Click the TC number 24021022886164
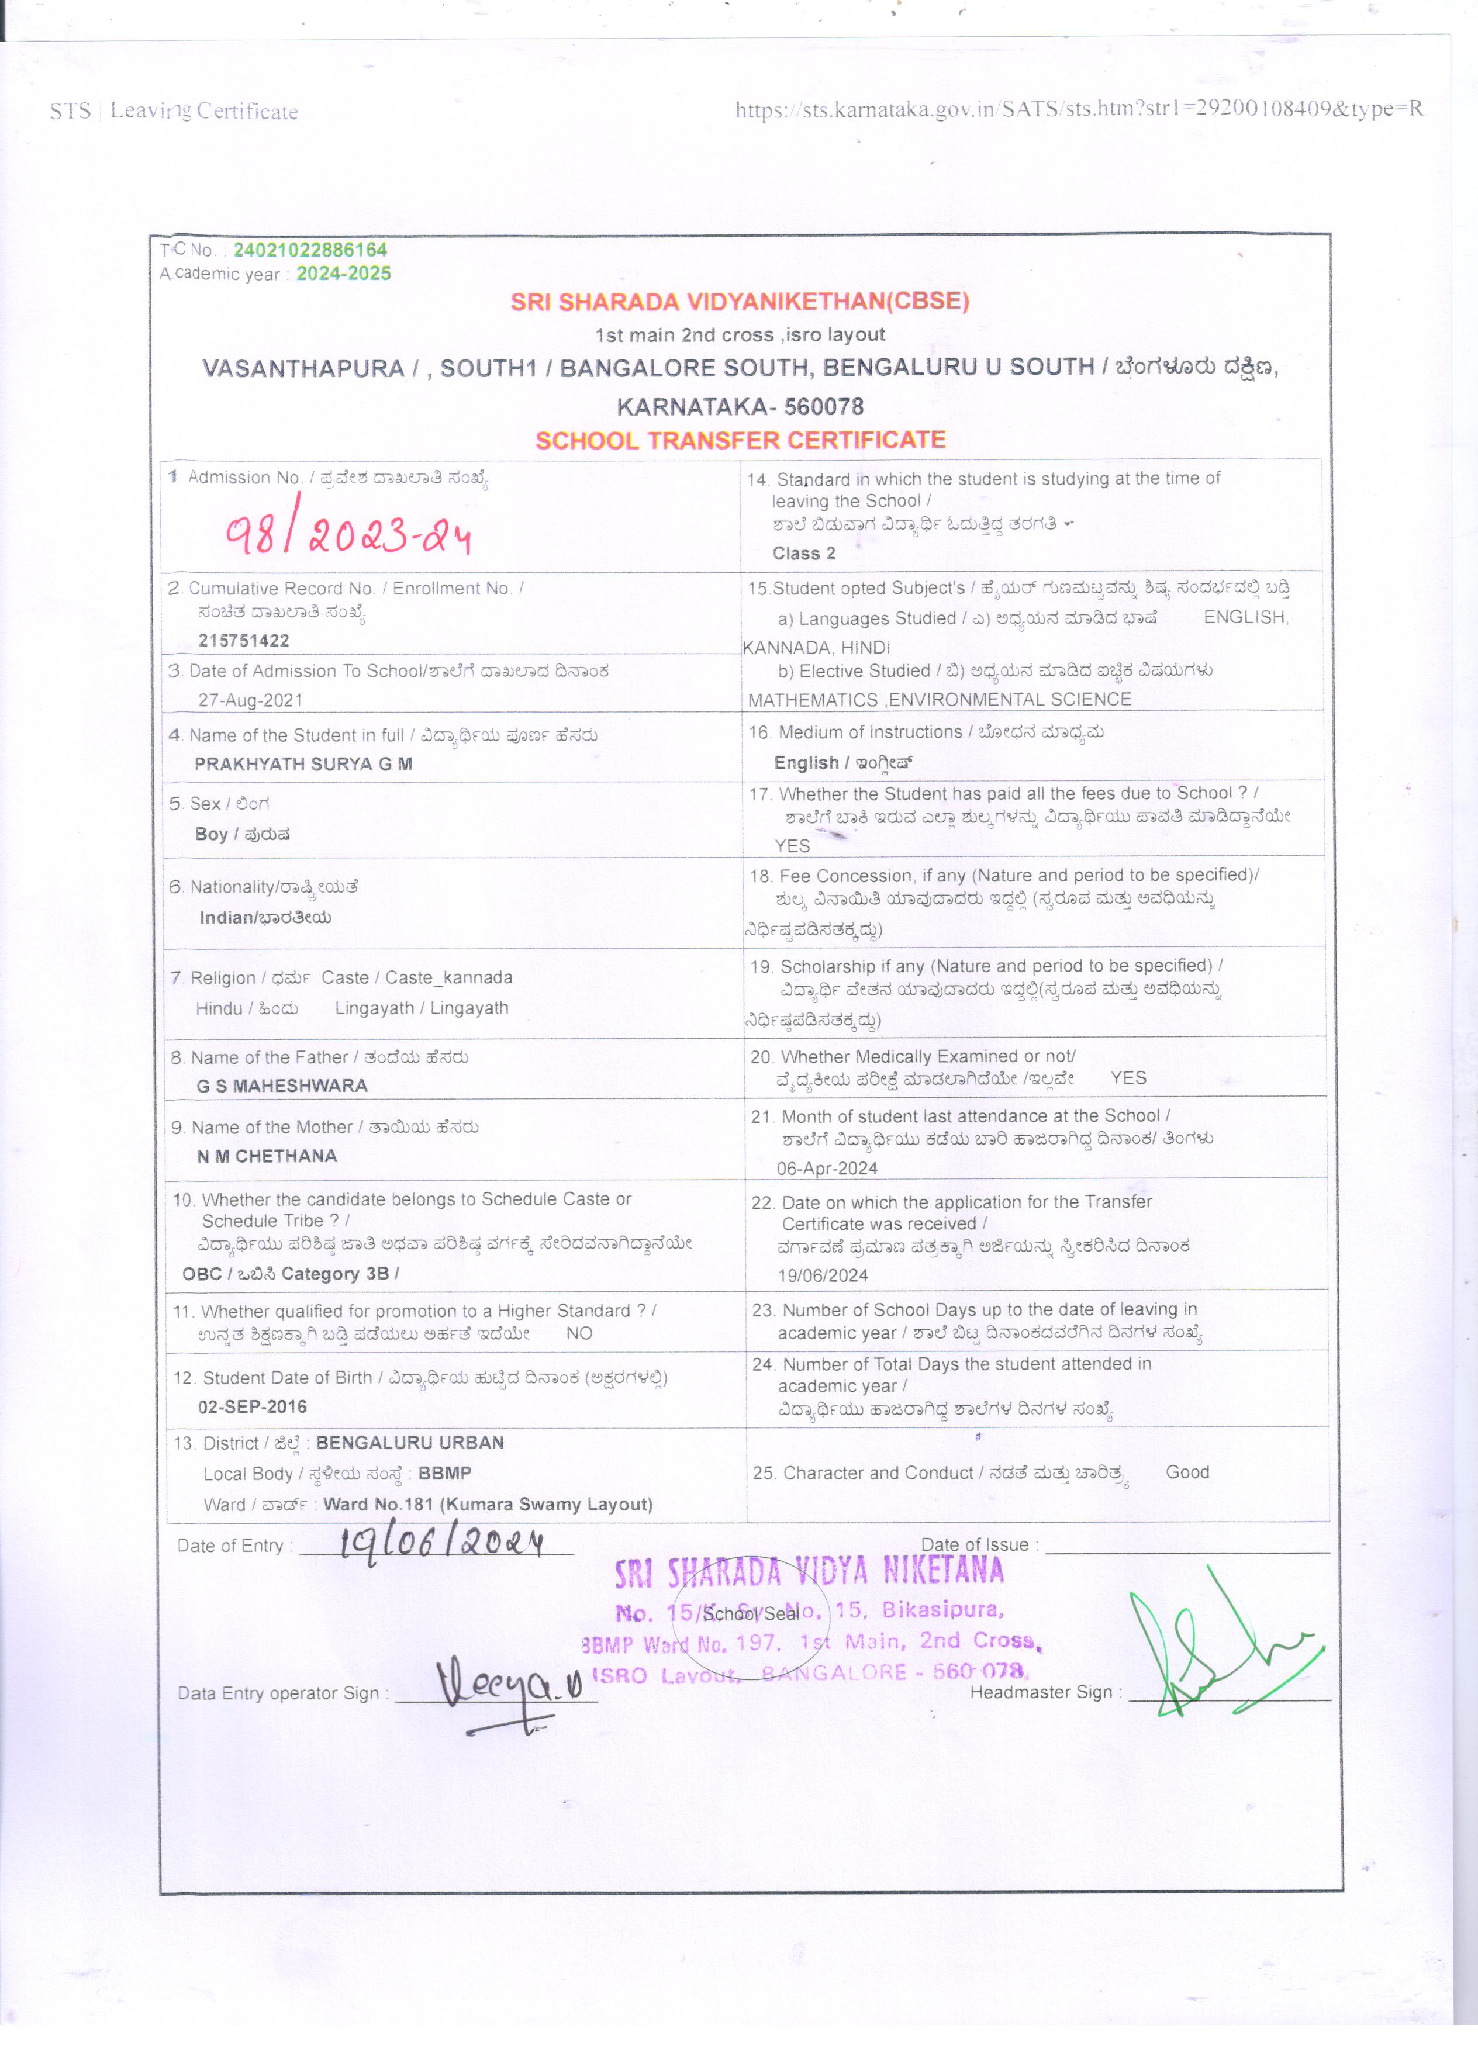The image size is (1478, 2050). click(309, 250)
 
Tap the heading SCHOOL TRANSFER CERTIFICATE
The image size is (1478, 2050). click(740, 440)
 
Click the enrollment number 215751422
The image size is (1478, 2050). click(243, 641)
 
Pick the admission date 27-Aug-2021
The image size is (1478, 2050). click(250, 700)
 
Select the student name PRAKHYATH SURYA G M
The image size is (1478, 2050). click(303, 764)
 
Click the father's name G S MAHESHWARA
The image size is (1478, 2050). click(282, 1086)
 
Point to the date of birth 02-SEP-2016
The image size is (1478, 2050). click(252, 1406)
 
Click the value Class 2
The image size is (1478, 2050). click(804, 553)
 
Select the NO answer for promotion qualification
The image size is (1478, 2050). click(579, 1333)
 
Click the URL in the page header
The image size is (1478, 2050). click(1079, 109)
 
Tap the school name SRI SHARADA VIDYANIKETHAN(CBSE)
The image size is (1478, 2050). click(740, 302)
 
